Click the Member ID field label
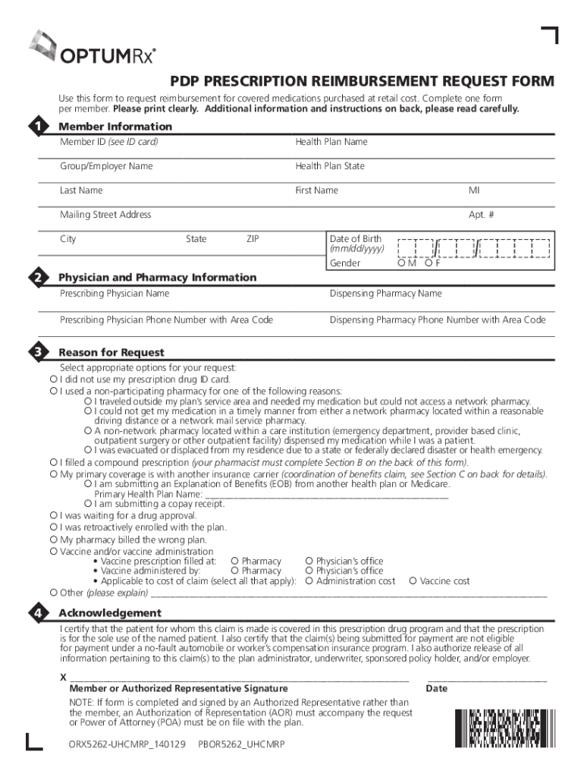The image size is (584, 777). click(x=109, y=142)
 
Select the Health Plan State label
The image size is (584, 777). click(x=330, y=166)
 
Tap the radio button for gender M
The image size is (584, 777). click(x=402, y=263)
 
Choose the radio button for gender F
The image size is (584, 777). click(x=429, y=263)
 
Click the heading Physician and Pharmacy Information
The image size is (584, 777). click(x=158, y=278)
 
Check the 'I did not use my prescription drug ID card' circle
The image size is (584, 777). click(x=54, y=379)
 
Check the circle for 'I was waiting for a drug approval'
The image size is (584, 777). click(x=54, y=515)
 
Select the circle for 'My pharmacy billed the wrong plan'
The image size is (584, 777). click(x=54, y=539)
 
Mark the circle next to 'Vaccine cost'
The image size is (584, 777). click(x=413, y=581)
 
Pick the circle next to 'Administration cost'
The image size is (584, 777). click(x=309, y=581)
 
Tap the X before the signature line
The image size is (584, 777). click(x=63, y=677)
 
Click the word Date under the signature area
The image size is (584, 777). click(x=437, y=689)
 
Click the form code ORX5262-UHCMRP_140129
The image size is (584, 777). click(x=127, y=744)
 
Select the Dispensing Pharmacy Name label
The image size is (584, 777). click(x=385, y=294)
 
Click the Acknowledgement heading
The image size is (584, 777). click(x=110, y=613)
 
